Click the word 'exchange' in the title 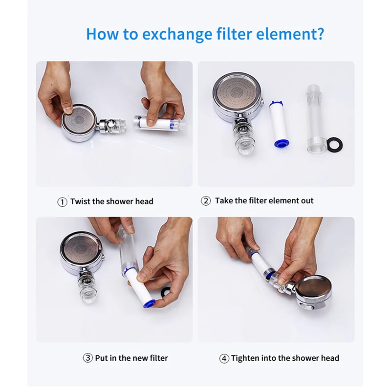(177, 34)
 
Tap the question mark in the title (320, 33)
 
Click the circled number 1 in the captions (63, 202)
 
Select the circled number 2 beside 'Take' (206, 201)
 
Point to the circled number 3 (88, 358)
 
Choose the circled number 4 (224, 359)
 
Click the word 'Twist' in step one (80, 201)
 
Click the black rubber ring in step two (334, 144)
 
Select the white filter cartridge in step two (279, 124)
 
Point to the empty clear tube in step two (316, 119)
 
